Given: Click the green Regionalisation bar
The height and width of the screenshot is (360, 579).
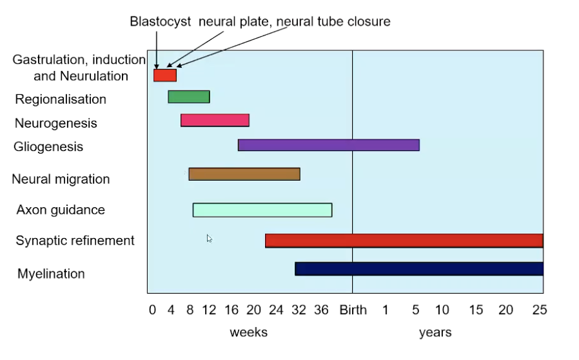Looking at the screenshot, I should click(189, 97).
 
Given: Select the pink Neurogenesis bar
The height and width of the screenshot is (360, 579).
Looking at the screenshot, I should click(215, 120).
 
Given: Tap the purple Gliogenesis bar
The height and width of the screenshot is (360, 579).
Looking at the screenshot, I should click(328, 145).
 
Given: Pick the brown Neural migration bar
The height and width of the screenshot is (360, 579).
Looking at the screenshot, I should click(244, 174).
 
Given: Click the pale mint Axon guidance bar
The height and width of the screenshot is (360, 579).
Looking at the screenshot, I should click(262, 210).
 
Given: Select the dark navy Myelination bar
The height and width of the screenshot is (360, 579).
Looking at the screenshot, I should click(419, 268).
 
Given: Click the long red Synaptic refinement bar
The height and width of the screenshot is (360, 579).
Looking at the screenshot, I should click(404, 241).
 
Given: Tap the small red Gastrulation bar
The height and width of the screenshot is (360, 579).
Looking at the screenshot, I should click(164, 75).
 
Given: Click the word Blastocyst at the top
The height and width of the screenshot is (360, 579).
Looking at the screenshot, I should click(161, 21).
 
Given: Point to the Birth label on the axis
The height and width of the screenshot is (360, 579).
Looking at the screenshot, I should click(353, 310).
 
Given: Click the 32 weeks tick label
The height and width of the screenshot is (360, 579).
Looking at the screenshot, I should click(299, 310).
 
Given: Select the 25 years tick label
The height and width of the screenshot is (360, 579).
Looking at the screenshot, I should click(539, 310).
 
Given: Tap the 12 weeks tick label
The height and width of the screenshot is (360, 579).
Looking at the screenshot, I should click(209, 310).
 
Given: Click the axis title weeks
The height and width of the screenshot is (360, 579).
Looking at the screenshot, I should click(248, 333).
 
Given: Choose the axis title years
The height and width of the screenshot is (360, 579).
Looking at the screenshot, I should click(435, 333).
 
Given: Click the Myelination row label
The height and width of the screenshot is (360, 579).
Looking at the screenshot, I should click(51, 274).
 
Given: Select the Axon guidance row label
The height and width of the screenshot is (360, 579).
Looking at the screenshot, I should click(61, 210).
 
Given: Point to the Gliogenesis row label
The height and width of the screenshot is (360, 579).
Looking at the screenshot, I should click(48, 146).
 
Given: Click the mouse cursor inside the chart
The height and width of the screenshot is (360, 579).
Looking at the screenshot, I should click(210, 239).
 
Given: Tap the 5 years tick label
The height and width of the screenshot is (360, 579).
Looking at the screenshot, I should click(416, 310).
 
